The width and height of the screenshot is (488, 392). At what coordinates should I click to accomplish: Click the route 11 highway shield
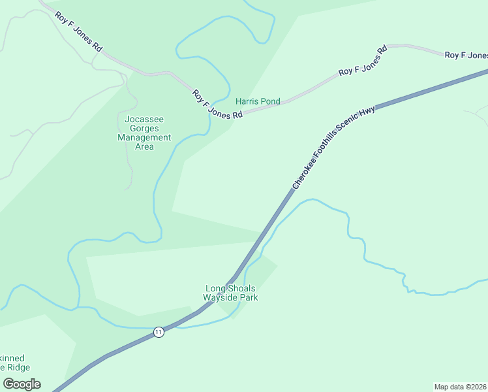coord(159,332)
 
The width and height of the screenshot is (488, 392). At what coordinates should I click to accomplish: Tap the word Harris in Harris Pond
coord(247,101)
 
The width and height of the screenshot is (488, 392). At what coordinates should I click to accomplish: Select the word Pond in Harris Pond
coord(270,101)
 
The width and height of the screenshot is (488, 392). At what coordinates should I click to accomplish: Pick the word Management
coord(144,138)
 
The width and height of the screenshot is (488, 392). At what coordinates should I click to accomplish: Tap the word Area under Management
coord(144,147)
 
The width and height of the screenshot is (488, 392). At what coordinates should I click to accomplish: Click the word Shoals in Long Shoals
coord(241,288)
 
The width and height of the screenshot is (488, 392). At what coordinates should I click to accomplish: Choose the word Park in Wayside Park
coord(249,297)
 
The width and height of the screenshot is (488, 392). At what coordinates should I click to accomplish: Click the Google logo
coord(22,384)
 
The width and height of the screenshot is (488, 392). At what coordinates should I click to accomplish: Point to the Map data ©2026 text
coord(460,386)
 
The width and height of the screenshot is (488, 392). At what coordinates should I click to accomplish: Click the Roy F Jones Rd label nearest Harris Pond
coord(217,104)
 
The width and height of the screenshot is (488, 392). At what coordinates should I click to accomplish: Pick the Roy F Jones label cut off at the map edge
coord(466,56)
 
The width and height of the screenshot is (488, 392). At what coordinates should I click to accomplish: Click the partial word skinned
coord(12,358)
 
